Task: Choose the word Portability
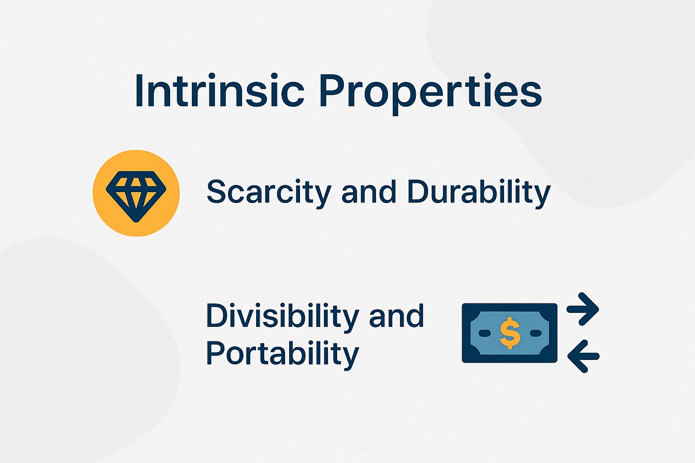point(282,354)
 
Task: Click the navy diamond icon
point(136,194)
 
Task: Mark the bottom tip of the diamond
point(136,220)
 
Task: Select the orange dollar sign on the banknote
point(510,333)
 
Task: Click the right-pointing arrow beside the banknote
point(584,309)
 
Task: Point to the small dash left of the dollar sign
point(485,333)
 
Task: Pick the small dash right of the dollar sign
point(535,333)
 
